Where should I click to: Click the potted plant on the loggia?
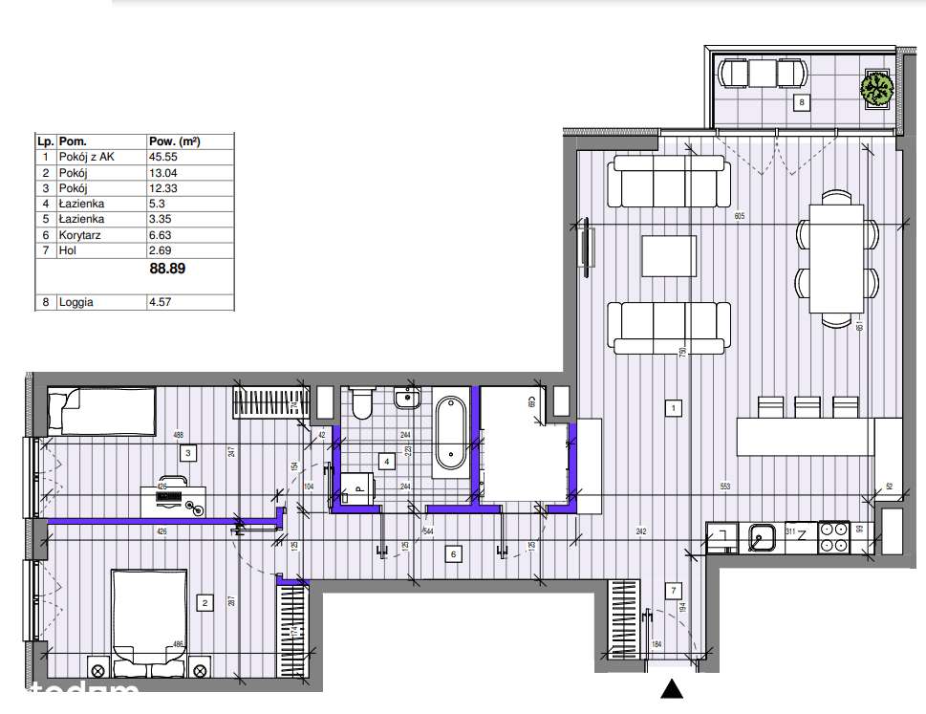[876, 89]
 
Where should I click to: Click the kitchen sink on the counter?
[762, 539]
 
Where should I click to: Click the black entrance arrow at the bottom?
[673, 688]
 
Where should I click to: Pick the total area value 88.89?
[167, 269]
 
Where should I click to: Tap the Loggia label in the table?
[77, 302]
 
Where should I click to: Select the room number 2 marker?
[204, 602]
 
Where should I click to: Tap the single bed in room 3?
[100, 408]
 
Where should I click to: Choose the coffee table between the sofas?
[668, 255]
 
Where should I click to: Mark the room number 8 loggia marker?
[802, 101]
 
